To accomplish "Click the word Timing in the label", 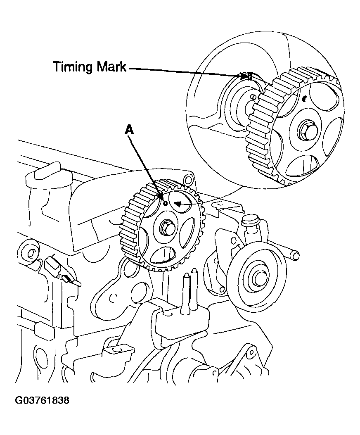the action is [72, 67].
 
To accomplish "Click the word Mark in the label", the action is [111, 67].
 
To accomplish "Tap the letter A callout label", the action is [129, 130].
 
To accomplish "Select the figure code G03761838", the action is [42, 400].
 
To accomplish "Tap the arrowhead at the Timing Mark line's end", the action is [244, 76].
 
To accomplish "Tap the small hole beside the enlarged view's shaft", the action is [252, 97].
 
